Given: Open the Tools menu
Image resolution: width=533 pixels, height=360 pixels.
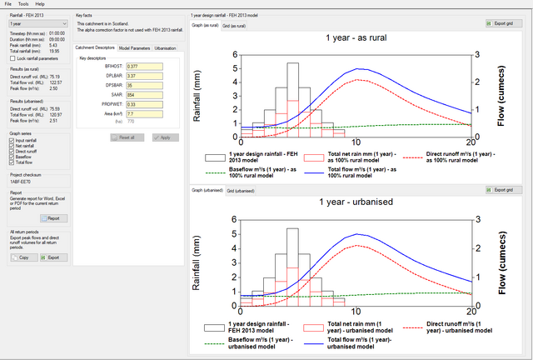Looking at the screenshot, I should (23, 4).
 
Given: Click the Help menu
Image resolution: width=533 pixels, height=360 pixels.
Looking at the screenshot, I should (40, 4).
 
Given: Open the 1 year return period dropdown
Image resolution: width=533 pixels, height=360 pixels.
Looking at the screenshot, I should (36, 25).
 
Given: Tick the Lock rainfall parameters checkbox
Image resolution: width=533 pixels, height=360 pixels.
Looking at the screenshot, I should (12, 58).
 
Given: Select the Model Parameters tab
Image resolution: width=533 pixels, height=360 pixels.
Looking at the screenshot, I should (135, 48).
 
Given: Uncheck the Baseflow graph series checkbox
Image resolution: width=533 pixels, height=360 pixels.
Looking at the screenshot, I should (12, 156).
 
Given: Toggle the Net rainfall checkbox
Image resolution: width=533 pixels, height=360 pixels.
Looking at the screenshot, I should (12, 146).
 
